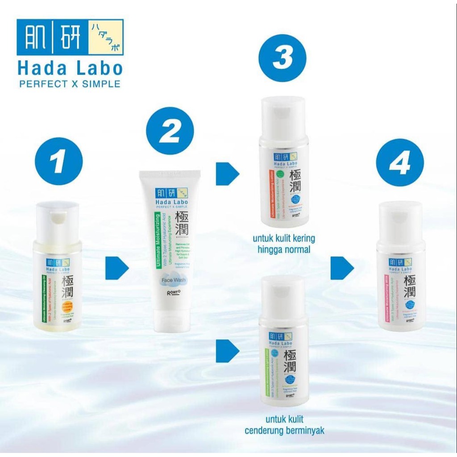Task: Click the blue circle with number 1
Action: click(x=58, y=161)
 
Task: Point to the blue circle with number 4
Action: click(x=399, y=162)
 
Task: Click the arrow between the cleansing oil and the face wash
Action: click(x=116, y=268)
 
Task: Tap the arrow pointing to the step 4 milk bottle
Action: click(x=342, y=268)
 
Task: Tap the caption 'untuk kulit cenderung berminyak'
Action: click(x=284, y=425)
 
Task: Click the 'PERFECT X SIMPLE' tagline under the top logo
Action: click(x=70, y=84)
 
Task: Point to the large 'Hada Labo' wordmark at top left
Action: click(x=70, y=68)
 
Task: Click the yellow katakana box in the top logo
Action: click(x=105, y=37)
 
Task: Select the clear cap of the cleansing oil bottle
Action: click(x=58, y=221)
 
